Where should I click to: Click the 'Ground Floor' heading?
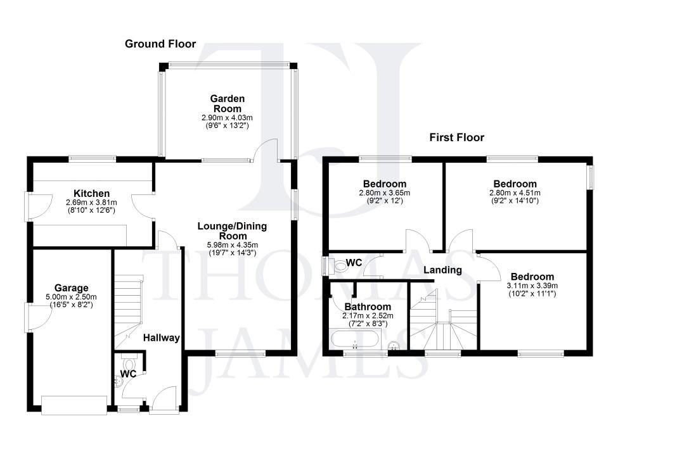pos(160,44)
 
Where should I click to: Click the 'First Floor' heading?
pos(456,137)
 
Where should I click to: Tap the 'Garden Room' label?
pos(227,103)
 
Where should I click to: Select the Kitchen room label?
pos(92,193)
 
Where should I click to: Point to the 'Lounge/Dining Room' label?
pos(233,230)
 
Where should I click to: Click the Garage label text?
pos(72,287)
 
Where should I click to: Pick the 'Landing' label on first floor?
pos(442,270)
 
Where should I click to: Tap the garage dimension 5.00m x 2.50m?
pos(72,296)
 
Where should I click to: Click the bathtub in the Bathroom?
pos(354,341)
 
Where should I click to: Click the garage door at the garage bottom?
pos(74,405)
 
